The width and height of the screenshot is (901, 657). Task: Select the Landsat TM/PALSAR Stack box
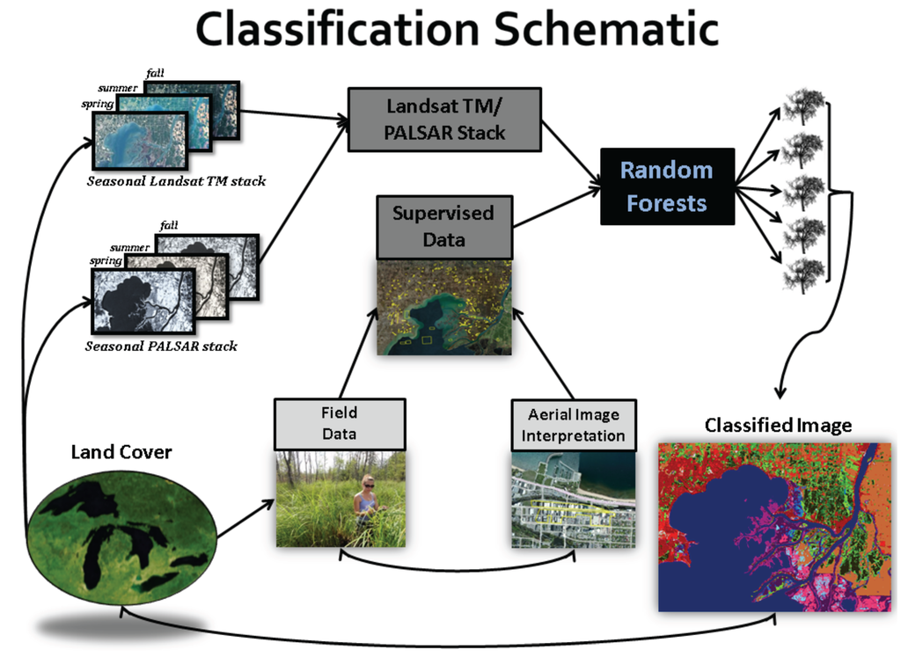tap(446, 120)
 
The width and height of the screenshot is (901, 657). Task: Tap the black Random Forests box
tap(667, 186)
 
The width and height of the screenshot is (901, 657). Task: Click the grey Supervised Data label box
tap(443, 225)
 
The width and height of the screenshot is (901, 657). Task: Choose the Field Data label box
tap(340, 424)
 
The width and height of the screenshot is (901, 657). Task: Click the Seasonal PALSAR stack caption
tap(161, 347)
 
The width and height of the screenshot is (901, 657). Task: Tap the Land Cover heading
tap(121, 453)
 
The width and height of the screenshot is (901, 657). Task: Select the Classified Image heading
tap(778, 426)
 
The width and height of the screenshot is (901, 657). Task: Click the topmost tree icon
tap(802, 106)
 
